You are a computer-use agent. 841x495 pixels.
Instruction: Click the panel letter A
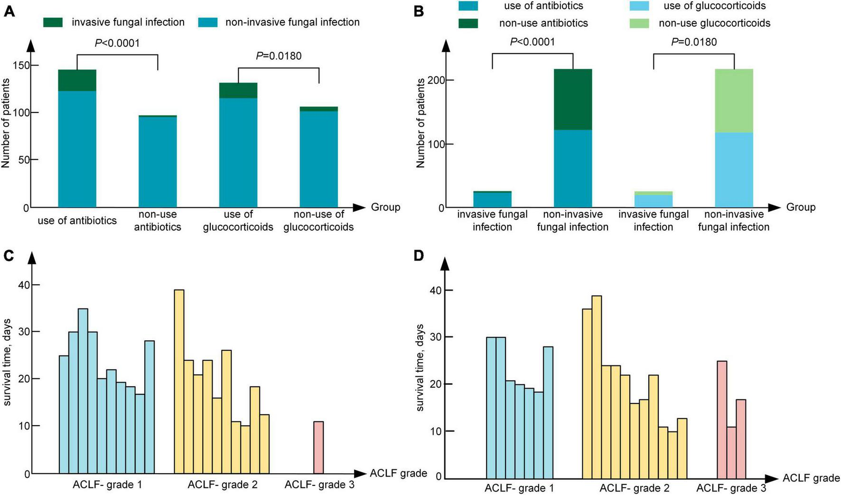coord(9,10)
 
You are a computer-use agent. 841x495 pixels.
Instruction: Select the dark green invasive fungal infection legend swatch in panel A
coord(53,22)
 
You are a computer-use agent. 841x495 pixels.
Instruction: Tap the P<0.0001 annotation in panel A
coord(117,44)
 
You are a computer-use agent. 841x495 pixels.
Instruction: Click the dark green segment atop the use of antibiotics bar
coord(77,80)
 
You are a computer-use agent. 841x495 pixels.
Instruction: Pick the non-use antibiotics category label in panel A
coord(158,221)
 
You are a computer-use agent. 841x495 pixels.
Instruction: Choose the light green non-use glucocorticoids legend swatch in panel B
coord(639,23)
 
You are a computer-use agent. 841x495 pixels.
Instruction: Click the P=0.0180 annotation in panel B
coord(694,42)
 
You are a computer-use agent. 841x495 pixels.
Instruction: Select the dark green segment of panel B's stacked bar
coord(573,99)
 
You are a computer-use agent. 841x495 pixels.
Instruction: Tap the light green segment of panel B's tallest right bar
coord(734,101)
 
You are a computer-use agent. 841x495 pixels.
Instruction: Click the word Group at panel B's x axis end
coord(801,207)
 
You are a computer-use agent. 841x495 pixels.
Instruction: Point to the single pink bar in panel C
coord(318,448)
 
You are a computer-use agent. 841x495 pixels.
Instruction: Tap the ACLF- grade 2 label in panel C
coord(222,485)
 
